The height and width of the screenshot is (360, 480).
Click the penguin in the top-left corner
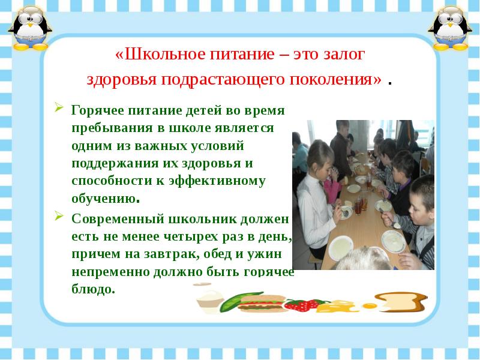30,28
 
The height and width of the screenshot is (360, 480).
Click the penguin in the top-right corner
450,28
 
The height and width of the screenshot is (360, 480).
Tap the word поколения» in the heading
335,80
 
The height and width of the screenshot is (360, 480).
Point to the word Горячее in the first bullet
98,110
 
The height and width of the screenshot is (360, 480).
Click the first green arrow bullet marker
59,107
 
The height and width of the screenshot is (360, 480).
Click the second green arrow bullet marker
59,216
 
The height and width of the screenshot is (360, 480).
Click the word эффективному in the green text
217,181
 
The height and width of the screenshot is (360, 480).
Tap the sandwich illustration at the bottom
262,304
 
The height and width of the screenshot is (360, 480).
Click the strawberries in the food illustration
302,305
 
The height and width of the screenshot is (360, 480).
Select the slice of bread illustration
401,302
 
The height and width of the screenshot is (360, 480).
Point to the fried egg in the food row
369,305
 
